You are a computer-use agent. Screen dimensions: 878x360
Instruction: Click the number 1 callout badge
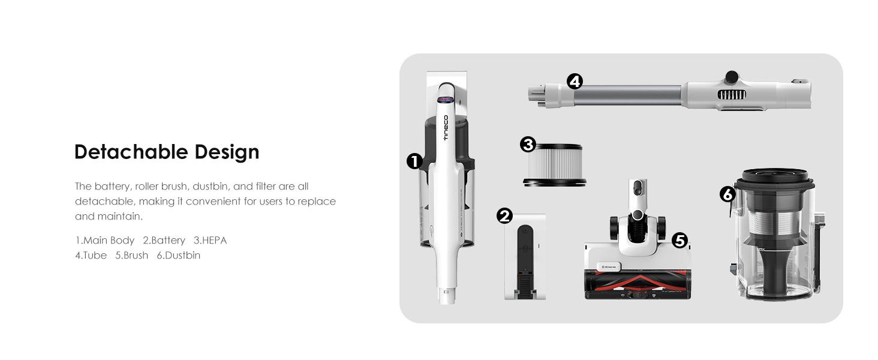click(x=414, y=161)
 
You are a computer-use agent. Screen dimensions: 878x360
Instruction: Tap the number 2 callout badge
click(x=504, y=215)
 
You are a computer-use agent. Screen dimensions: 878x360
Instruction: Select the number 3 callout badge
click(x=528, y=145)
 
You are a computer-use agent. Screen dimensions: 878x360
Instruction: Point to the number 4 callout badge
click(x=575, y=82)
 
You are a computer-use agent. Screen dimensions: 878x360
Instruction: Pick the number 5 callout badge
click(x=679, y=241)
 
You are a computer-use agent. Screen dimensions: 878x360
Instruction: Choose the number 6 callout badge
click(x=727, y=194)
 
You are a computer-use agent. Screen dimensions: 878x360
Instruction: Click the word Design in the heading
click(x=227, y=152)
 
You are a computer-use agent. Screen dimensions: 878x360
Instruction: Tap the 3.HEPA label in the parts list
click(x=210, y=240)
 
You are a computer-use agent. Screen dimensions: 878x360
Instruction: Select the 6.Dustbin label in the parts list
click(x=179, y=255)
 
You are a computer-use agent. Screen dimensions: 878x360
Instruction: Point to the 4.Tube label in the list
click(x=91, y=255)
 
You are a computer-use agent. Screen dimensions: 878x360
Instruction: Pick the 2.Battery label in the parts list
click(x=164, y=241)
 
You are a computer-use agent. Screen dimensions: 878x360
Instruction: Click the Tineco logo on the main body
click(x=445, y=128)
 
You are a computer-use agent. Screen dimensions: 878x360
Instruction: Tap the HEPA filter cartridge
click(x=555, y=165)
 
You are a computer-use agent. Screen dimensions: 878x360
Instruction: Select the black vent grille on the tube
click(x=732, y=95)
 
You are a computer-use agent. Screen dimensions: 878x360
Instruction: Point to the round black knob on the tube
click(x=732, y=76)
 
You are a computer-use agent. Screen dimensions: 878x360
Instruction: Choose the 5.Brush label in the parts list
click(x=132, y=255)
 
